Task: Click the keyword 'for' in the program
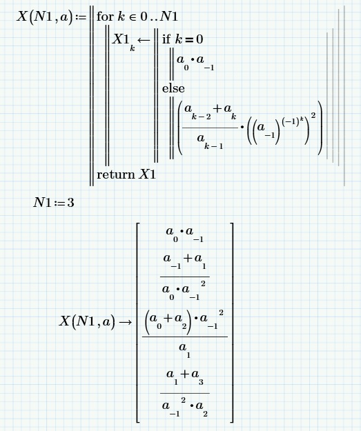(105, 17)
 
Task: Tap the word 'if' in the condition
(166, 39)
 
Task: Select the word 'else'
(173, 88)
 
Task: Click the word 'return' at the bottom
(116, 175)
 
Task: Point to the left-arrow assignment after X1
(144, 40)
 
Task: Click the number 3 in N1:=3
(70, 203)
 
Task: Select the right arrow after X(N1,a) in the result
(126, 321)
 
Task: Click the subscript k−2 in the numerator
(202, 117)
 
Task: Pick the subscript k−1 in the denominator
(213, 146)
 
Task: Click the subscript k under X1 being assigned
(133, 49)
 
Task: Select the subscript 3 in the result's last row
(201, 382)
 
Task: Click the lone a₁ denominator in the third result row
(184, 350)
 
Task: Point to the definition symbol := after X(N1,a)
(81, 17)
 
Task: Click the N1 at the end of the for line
(169, 17)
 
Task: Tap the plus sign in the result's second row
(188, 258)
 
